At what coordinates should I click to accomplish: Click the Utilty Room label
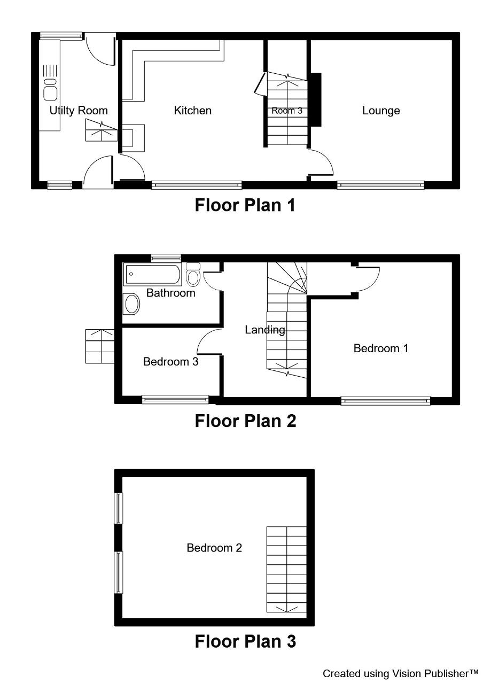[79, 111]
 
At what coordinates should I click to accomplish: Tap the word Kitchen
[193, 111]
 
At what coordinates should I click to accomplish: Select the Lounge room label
[381, 111]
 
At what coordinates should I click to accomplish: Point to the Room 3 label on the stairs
[287, 111]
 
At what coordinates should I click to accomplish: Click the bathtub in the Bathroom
[152, 274]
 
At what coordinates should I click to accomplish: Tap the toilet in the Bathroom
[193, 274]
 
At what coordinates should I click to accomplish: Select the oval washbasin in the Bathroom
[131, 304]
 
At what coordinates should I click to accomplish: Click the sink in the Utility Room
[50, 90]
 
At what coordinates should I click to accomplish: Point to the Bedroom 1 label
[381, 348]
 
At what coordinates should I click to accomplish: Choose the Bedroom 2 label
[214, 548]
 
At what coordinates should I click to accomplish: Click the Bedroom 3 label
[170, 362]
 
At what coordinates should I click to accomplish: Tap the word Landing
[265, 330]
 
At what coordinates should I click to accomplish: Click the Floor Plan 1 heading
[245, 205]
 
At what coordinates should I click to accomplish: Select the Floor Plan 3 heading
[245, 641]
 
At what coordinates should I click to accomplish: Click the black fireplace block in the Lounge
[316, 100]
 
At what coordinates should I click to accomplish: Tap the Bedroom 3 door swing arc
[204, 337]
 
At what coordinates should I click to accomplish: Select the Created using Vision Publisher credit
[400, 673]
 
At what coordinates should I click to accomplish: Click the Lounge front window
[380, 185]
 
